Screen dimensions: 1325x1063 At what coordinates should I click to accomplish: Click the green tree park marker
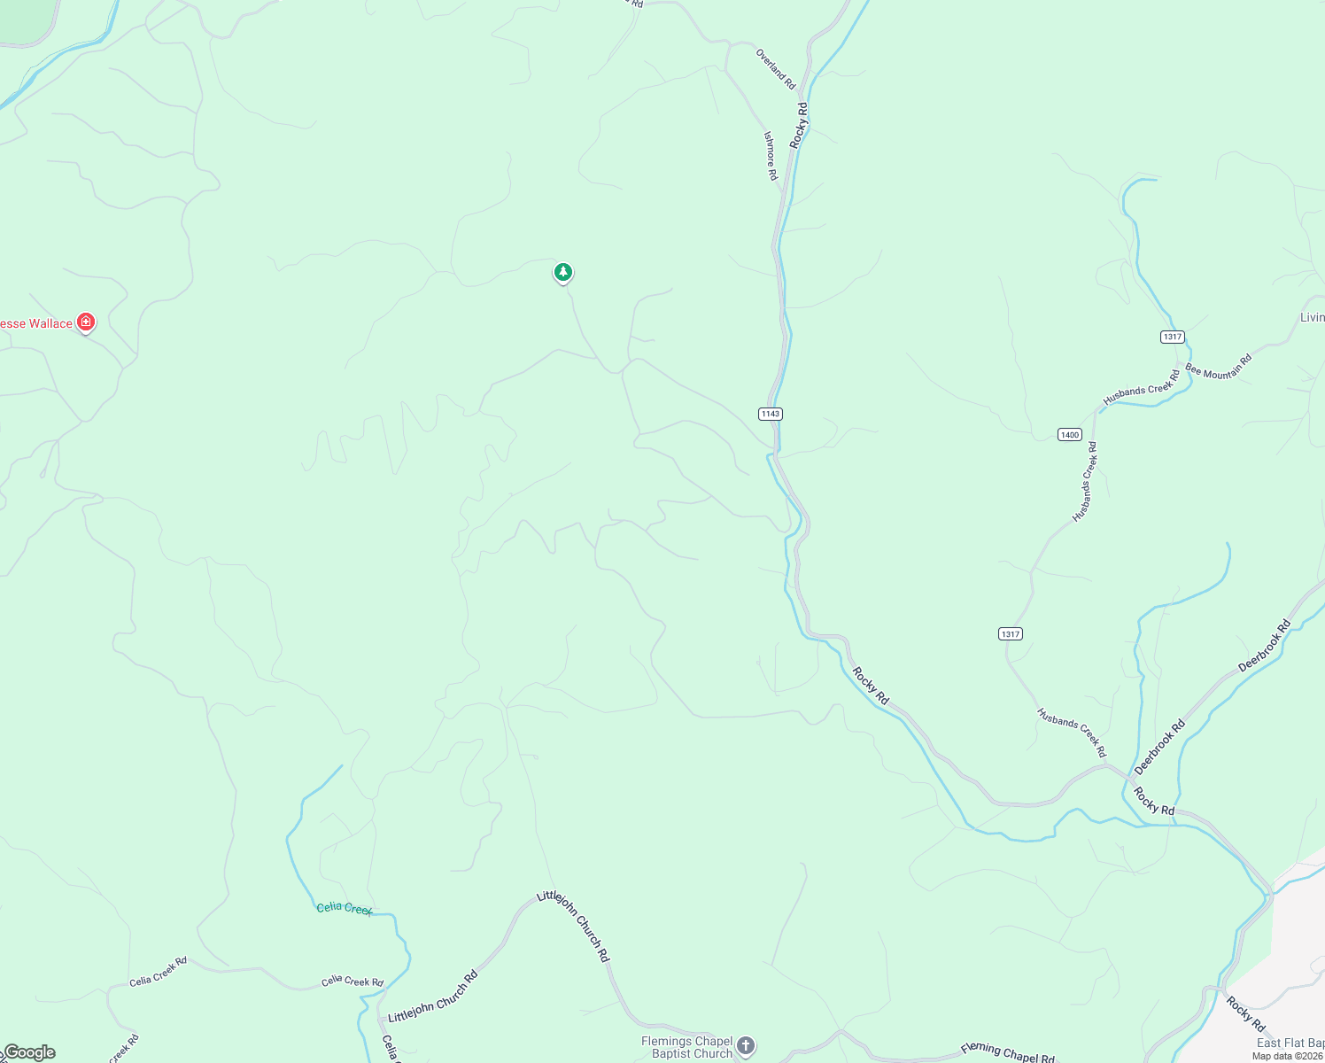click(x=562, y=272)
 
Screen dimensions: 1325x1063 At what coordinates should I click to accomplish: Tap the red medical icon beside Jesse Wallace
click(x=86, y=322)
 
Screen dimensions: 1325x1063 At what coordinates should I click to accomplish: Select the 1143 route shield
click(x=770, y=414)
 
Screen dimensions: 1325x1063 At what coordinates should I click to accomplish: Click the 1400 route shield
click(x=1069, y=434)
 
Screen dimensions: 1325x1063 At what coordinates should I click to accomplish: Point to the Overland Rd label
click(x=775, y=68)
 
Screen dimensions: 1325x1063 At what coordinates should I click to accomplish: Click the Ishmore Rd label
click(x=771, y=156)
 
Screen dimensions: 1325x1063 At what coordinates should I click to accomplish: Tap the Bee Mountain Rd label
click(x=1219, y=366)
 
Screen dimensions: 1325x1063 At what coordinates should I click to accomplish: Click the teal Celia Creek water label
click(x=345, y=908)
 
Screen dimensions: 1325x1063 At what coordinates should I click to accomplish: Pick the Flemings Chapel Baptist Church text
click(x=687, y=1047)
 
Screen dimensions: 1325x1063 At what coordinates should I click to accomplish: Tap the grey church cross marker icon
click(x=746, y=1046)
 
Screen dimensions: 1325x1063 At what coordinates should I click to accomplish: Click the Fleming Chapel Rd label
click(x=1007, y=1052)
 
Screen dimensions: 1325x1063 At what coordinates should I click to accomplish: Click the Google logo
click(x=28, y=1052)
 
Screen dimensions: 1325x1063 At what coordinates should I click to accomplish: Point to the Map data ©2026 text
click(x=1287, y=1056)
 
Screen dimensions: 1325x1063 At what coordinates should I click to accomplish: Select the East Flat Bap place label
click(x=1290, y=1044)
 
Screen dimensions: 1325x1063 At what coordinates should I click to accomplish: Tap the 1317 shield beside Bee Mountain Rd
click(x=1172, y=337)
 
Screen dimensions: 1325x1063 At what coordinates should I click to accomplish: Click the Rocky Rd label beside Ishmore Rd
click(x=800, y=124)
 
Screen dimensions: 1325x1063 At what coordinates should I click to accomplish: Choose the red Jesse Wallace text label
click(x=36, y=323)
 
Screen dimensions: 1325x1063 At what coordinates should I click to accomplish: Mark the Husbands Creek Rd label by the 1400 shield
click(x=1085, y=482)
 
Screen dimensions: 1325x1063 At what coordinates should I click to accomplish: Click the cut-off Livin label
click(x=1312, y=317)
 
